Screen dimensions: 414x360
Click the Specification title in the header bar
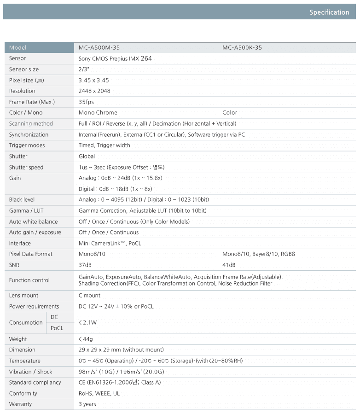(x=329, y=12)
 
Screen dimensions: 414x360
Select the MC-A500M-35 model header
(x=99, y=47)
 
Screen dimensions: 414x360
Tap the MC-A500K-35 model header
(x=242, y=47)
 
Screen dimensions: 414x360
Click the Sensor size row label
(x=24, y=70)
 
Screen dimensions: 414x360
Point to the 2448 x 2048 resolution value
(x=94, y=91)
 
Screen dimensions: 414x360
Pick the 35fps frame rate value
(x=86, y=102)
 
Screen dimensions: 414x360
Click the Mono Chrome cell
(x=98, y=113)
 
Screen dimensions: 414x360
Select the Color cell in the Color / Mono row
(x=230, y=113)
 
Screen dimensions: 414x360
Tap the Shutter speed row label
(x=26, y=167)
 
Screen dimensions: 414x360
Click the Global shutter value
(x=87, y=157)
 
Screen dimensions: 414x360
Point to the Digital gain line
(x=115, y=189)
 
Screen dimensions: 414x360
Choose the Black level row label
(x=22, y=200)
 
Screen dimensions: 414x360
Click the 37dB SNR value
(x=85, y=265)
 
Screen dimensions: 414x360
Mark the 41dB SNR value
(x=229, y=265)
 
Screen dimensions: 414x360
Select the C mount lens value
(x=89, y=296)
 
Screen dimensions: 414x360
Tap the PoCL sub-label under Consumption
(x=57, y=328)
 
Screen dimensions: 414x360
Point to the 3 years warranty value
(x=87, y=404)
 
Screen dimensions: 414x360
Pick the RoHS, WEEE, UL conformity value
(x=99, y=394)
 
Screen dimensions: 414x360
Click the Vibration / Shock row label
(x=30, y=372)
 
